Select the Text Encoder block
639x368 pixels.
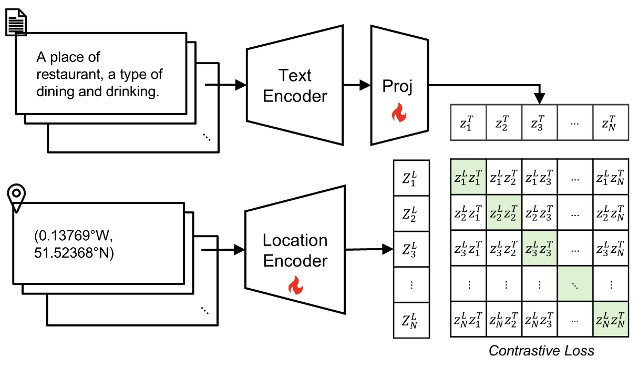(295, 86)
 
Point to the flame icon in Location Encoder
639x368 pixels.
(295, 286)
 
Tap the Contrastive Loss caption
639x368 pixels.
(541, 351)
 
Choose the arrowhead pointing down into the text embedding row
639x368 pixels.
(540, 99)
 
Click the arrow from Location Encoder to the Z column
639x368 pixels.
(368, 249)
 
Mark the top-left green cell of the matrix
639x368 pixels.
(469, 176)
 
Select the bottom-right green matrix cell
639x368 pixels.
(610, 319)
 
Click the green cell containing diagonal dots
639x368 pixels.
(575, 283)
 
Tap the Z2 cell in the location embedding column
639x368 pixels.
(411, 212)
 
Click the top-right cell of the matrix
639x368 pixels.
(610, 176)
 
